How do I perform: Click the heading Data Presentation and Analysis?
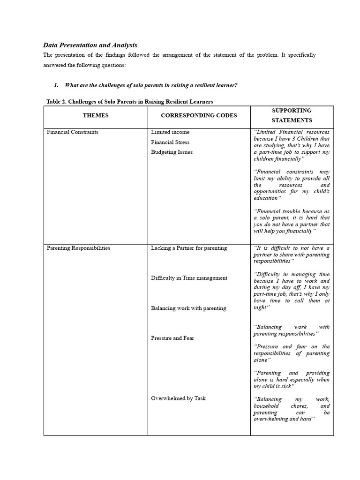coord(90,45)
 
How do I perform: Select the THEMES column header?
coord(96,115)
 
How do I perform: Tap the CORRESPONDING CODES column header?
coord(199,115)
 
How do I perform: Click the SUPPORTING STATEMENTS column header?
coord(292,115)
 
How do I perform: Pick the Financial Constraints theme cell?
coord(73,132)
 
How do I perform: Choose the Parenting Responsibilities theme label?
coord(78,248)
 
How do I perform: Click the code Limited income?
coord(170,132)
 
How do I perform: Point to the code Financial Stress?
coord(170,142)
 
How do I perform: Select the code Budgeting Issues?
coord(172,152)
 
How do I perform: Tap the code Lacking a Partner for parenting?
coord(189,248)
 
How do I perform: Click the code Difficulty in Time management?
coord(189,278)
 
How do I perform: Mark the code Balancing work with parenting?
coord(188,308)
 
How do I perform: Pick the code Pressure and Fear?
coord(172,338)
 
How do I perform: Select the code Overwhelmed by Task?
coord(178,398)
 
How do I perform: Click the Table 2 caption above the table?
coord(130,102)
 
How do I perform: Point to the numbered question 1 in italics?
coord(145,85)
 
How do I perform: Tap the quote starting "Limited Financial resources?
coord(292,145)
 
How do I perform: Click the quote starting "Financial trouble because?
coord(292,221)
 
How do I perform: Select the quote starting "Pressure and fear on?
coord(292,353)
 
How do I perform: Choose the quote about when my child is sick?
coord(292,380)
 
